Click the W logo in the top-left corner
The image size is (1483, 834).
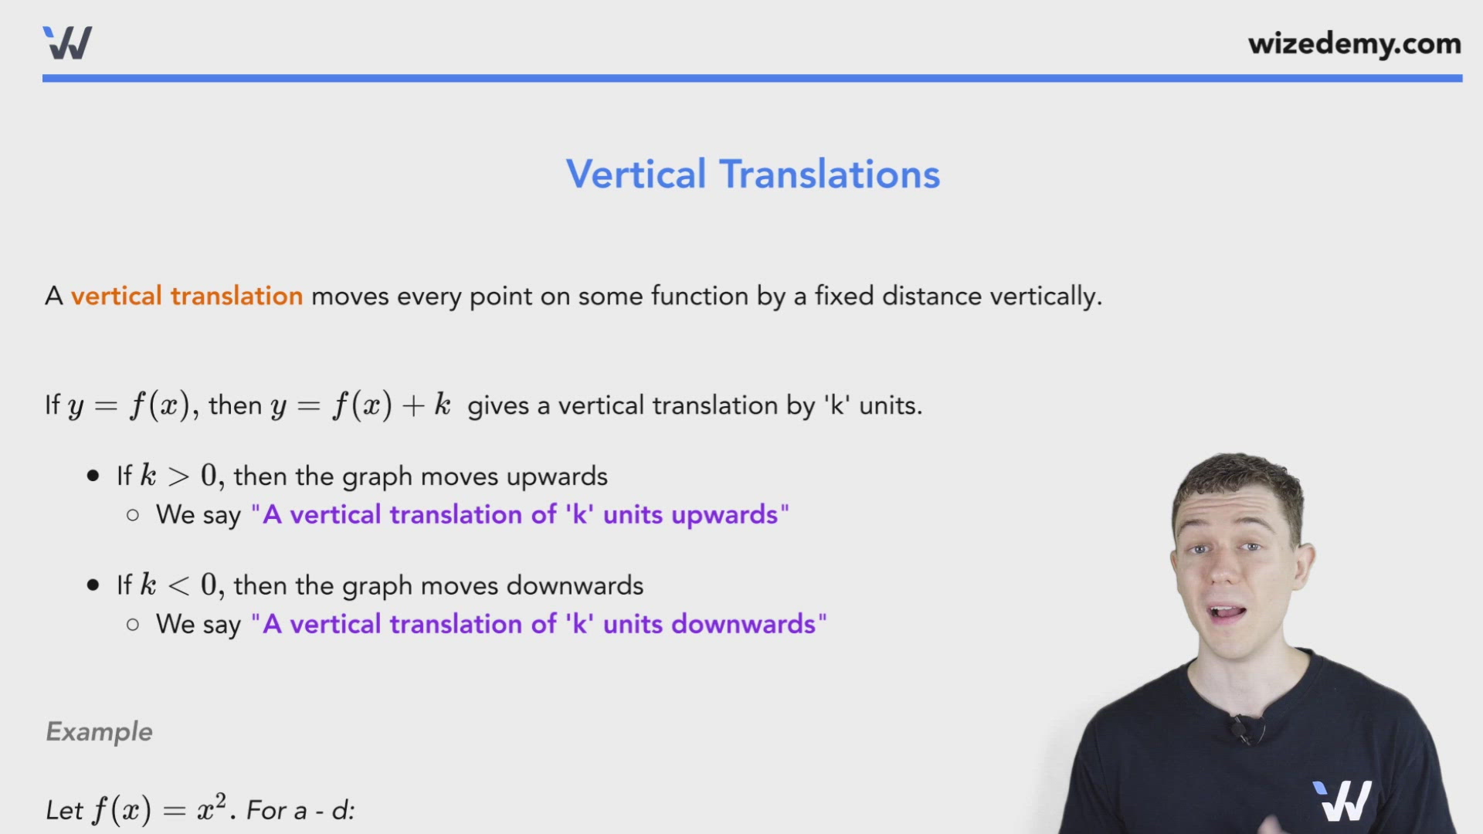point(68,43)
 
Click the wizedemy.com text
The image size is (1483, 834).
point(1354,44)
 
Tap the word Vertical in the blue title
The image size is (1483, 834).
point(636,175)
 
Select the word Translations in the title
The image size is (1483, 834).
point(830,175)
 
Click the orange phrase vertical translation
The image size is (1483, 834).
point(187,296)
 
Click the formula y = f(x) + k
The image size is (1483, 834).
point(360,405)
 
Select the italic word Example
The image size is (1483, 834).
point(100,731)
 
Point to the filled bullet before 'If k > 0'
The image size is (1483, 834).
point(93,476)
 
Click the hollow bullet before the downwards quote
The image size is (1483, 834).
point(133,624)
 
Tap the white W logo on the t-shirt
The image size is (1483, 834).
point(1342,801)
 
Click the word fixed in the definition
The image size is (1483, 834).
point(844,296)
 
